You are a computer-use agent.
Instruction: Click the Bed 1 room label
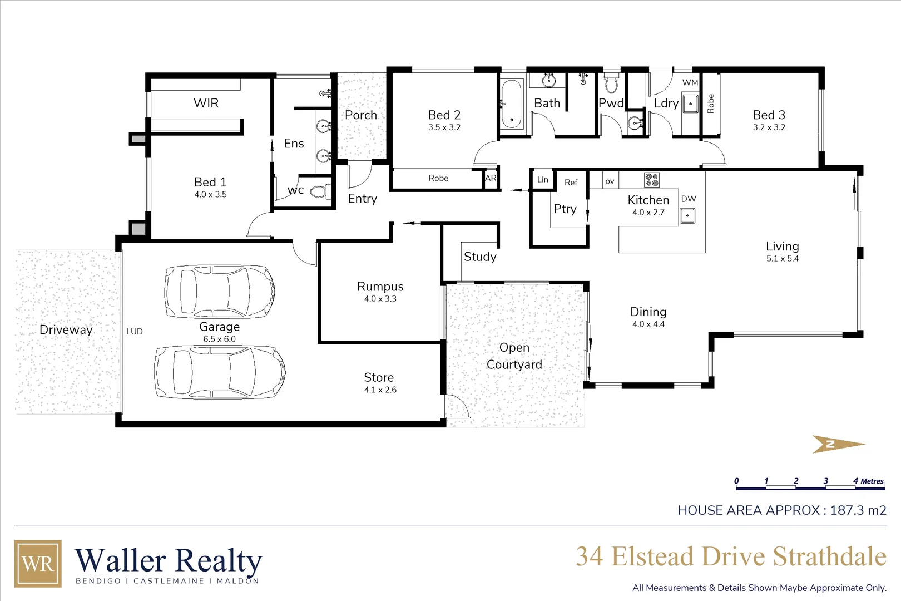210,182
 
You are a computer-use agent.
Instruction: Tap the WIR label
206,103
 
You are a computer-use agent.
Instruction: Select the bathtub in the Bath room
512,104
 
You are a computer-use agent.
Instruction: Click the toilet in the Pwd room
611,85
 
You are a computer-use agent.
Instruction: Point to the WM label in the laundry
690,82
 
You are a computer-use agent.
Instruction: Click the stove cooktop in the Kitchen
652,180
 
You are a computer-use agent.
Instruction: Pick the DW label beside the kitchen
689,199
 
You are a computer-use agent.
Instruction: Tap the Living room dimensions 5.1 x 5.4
782,258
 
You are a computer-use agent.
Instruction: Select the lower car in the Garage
220,372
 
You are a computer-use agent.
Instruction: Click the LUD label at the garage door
135,331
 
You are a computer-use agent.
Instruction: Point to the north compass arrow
838,444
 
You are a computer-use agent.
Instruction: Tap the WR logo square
38,563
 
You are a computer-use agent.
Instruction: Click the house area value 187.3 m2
858,510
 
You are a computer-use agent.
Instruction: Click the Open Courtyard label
514,356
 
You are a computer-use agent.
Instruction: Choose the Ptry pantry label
565,209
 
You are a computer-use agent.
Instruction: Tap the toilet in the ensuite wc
319,192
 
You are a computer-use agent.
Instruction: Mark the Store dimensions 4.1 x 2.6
380,390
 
